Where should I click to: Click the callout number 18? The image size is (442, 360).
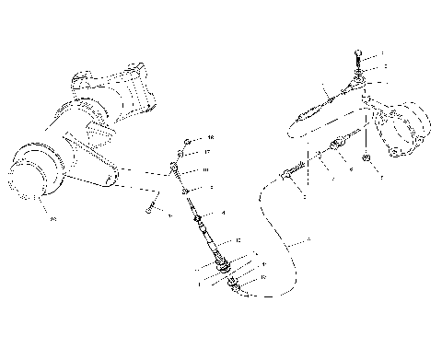[x=210, y=137]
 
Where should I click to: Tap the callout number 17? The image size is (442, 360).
[x=208, y=152]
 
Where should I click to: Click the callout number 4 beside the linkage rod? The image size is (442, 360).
[x=223, y=213]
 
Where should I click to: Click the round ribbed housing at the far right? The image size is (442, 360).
[x=405, y=130]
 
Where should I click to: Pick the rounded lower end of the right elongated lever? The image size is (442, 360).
[x=300, y=126]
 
